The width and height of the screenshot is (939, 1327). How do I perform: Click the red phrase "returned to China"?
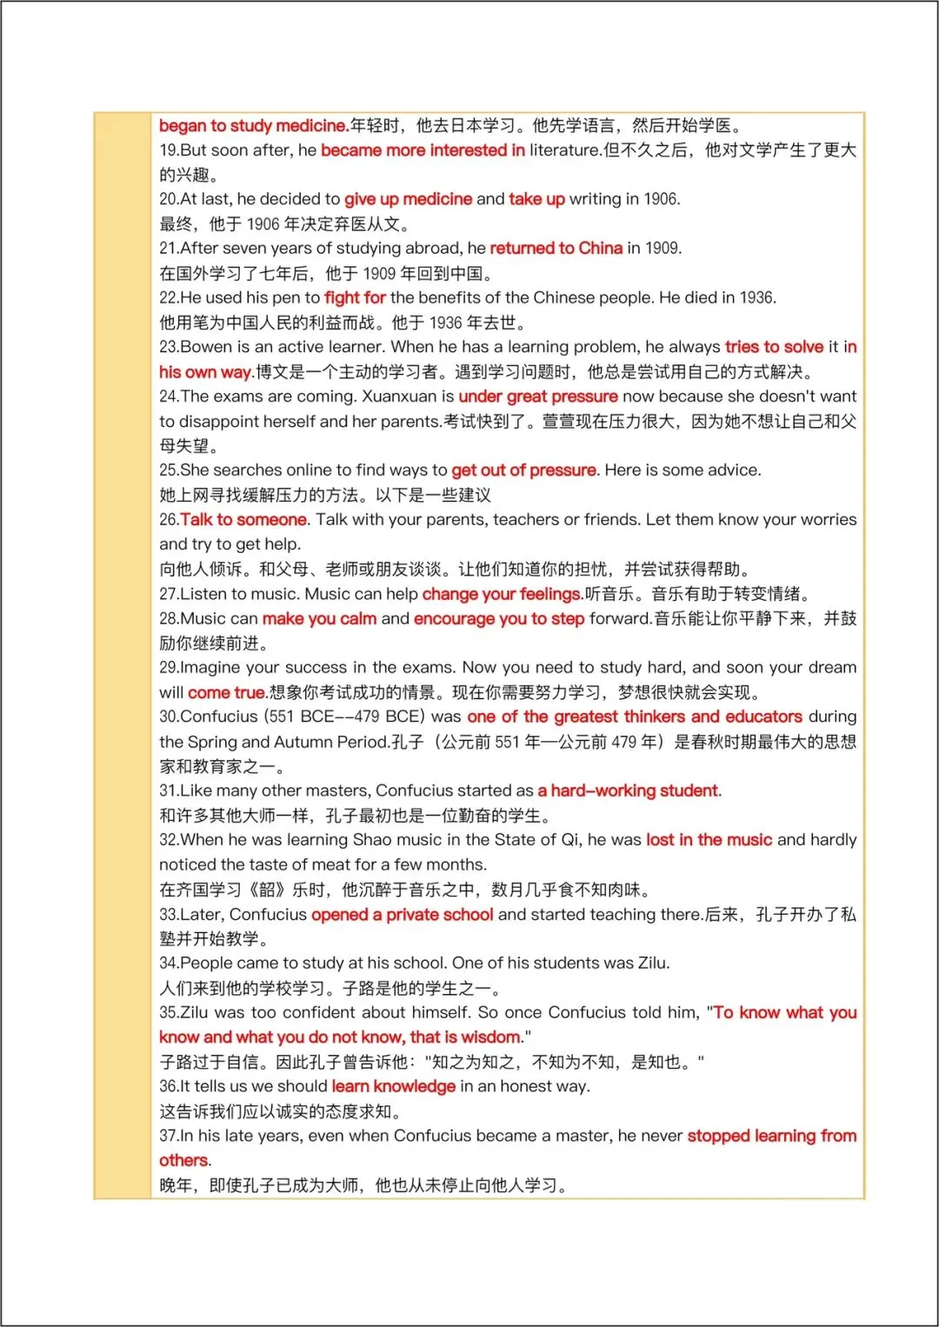tap(556, 249)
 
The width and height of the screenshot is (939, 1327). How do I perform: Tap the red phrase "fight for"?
tap(355, 298)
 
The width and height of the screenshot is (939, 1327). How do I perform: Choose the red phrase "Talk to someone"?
tap(243, 520)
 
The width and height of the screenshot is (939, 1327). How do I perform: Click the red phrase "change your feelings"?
tap(502, 595)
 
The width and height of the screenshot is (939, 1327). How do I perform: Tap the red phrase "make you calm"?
tap(319, 619)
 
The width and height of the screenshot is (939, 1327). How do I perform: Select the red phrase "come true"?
tap(226, 693)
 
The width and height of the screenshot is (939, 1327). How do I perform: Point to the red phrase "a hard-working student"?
tap(629, 791)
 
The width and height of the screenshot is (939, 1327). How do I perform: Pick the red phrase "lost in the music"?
tap(709, 840)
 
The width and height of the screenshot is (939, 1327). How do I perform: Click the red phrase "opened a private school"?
tap(402, 915)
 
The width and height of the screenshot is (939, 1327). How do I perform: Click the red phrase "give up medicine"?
tap(408, 199)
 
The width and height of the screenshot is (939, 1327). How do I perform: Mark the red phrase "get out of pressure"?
tap(523, 470)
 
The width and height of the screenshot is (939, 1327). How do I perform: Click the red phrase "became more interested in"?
tap(423, 150)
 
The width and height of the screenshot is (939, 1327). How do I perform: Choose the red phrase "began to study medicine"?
tap(253, 126)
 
